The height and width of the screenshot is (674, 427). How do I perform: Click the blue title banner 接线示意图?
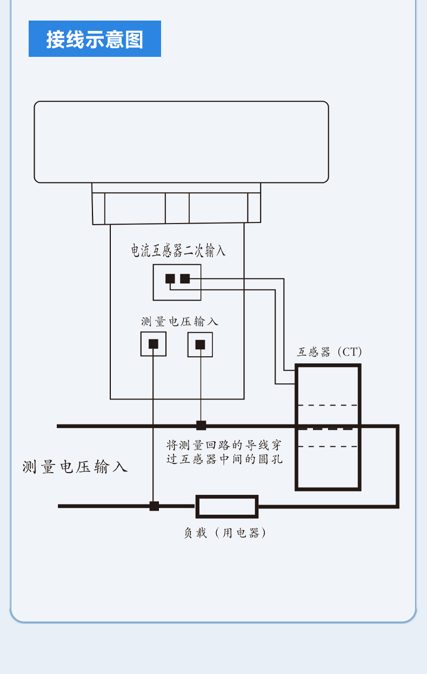click(95, 38)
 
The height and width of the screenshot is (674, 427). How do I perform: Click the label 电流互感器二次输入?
click(178, 250)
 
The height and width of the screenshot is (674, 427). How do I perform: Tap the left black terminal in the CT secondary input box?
click(170, 279)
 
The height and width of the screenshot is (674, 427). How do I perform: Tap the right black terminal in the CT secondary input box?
click(185, 279)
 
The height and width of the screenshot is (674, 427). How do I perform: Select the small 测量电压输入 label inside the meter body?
click(179, 322)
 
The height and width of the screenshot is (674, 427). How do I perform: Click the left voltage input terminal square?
click(154, 344)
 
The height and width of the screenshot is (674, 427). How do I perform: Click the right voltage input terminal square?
click(200, 344)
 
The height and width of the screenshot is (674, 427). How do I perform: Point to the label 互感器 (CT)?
click(329, 352)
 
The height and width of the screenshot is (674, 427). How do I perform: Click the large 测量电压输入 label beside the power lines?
click(75, 467)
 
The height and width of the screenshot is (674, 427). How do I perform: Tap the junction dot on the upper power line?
click(201, 426)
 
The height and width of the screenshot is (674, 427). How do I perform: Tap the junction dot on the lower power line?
click(154, 506)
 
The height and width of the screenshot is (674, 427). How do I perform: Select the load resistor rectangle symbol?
click(227, 507)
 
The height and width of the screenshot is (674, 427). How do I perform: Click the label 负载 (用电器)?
click(225, 533)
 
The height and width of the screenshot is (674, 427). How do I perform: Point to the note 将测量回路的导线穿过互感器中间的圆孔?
click(224, 452)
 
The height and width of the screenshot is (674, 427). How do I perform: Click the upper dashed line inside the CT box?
click(328, 405)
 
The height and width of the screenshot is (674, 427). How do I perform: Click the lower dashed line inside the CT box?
click(328, 447)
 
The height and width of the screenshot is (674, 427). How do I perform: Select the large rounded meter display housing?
click(181, 142)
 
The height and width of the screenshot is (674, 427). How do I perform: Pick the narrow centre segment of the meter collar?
click(177, 208)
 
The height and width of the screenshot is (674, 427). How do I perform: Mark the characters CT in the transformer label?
click(350, 352)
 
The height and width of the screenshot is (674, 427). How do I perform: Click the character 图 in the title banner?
click(134, 40)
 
